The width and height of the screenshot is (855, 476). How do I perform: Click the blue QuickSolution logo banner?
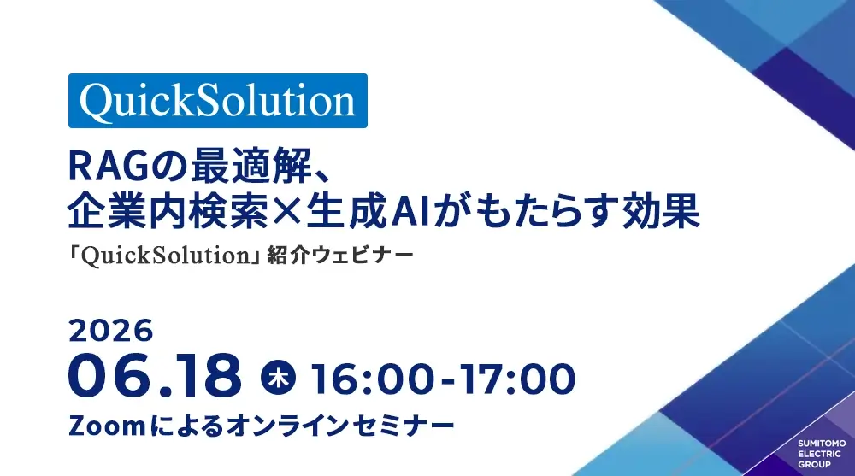point(217,101)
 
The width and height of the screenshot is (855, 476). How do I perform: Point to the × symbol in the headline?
point(286,212)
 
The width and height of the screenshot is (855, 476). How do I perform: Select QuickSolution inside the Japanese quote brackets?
point(165,256)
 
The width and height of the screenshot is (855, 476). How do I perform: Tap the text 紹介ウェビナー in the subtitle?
point(340,256)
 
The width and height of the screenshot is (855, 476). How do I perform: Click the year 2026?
point(110,331)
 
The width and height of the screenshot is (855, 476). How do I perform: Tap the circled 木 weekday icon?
point(278,378)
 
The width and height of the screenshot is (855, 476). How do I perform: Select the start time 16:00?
point(374,379)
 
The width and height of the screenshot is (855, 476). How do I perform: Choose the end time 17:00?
point(516,379)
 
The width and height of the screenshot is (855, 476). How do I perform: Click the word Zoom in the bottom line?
point(107,426)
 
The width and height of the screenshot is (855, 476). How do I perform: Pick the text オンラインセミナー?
point(339,426)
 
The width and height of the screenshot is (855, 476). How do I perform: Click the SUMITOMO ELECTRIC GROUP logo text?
point(822,454)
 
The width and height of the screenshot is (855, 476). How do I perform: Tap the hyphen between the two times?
point(447,380)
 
